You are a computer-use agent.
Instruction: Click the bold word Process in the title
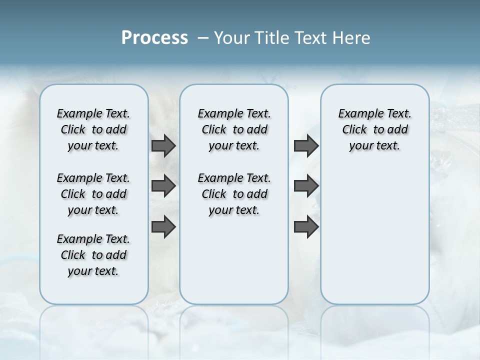click(154, 38)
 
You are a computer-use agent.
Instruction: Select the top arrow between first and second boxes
click(163, 145)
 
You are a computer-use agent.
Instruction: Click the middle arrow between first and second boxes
click(163, 186)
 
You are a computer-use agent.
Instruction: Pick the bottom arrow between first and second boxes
click(163, 227)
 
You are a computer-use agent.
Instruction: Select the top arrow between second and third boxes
click(306, 145)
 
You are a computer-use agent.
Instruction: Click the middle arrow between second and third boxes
click(306, 186)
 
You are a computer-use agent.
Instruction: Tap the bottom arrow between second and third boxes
click(306, 227)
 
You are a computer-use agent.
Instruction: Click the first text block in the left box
click(93, 129)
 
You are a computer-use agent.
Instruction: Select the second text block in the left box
click(93, 194)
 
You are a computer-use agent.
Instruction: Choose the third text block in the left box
click(93, 255)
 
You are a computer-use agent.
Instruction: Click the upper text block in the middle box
click(234, 129)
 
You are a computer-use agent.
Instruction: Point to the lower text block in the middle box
click(234, 194)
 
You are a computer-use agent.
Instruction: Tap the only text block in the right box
click(374, 129)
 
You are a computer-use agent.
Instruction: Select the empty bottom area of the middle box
click(234, 265)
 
